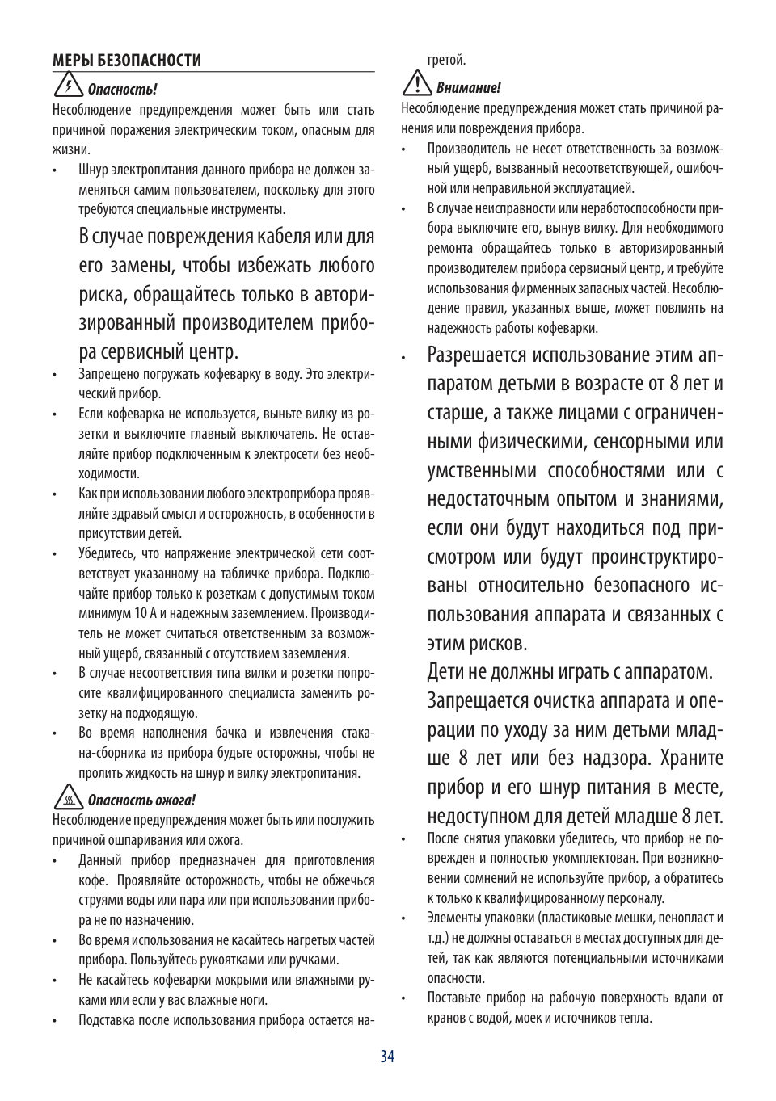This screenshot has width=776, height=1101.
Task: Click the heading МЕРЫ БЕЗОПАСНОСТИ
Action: [127, 61]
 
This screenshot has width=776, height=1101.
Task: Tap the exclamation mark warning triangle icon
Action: [417, 84]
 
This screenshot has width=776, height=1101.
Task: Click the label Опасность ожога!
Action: [141, 801]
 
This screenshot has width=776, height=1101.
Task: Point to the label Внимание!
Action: [468, 88]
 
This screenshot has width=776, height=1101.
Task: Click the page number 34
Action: [387, 1057]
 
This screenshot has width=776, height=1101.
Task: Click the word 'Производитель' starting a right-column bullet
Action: [467, 149]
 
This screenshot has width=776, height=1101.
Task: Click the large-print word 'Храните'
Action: [691, 759]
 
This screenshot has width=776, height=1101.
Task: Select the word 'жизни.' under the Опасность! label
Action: [71, 149]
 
